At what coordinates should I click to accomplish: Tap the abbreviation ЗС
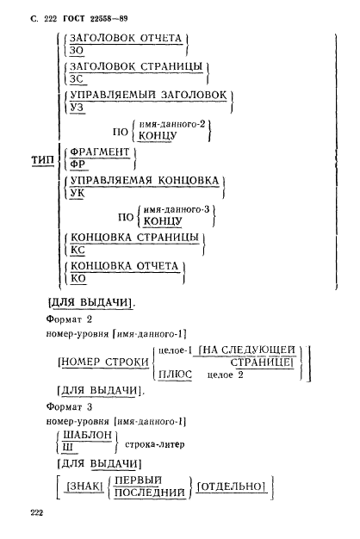(x=79, y=78)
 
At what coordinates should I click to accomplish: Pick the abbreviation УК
(x=78, y=195)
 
